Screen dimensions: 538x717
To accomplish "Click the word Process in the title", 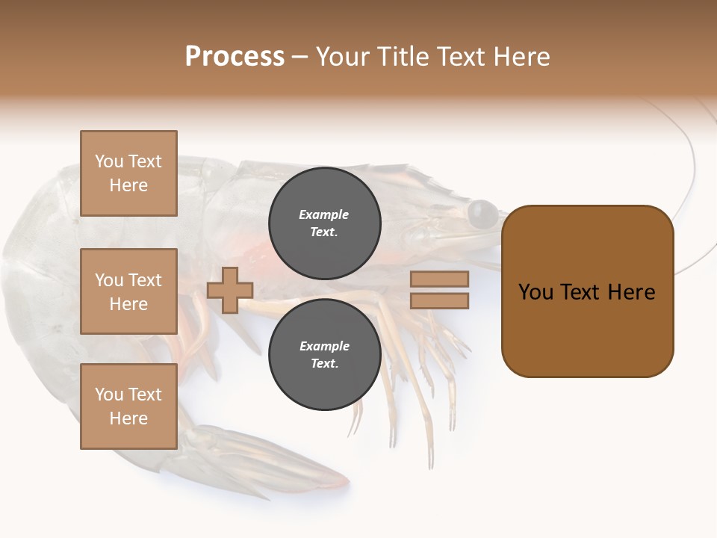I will tap(235, 57).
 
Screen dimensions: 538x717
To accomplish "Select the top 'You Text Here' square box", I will tap(128, 173).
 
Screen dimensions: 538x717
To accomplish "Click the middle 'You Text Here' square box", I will tap(128, 291).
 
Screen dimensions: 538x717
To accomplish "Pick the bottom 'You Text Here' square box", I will tap(128, 406).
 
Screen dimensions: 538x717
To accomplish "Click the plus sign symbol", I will tap(230, 290).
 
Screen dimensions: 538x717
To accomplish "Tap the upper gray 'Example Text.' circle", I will tap(324, 223).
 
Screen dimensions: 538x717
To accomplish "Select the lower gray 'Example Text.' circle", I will tap(324, 354).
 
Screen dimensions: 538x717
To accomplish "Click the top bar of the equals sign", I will tap(439, 279).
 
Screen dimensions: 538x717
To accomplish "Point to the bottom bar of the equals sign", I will tap(439, 301).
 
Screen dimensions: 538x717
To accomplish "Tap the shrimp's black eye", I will tap(482, 213).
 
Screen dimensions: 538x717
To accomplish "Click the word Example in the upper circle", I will tap(324, 214).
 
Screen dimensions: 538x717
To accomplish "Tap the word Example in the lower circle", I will tap(324, 346).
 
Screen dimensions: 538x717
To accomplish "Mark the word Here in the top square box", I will tap(128, 185).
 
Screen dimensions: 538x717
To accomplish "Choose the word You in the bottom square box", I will tap(109, 395).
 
